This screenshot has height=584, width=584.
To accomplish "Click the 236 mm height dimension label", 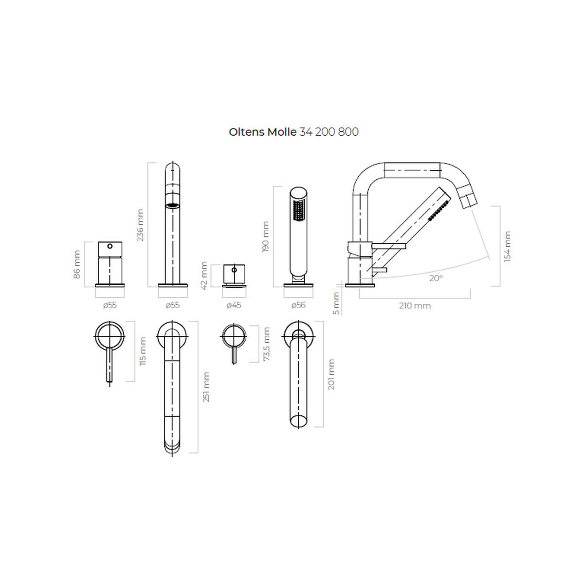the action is (x=140, y=225).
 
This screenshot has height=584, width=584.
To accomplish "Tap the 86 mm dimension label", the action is (x=77, y=265).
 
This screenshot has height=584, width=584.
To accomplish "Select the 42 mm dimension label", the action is (x=204, y=275).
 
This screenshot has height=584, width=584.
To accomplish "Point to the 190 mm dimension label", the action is (x=265, y=237).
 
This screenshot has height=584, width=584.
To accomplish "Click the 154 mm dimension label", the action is (x=507, y=246).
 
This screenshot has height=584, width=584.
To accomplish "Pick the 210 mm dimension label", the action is (x=415, y=306).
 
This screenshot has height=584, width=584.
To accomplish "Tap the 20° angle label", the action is (x=436, y=278).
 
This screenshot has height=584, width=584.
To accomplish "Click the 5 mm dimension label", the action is (x=336, y=303).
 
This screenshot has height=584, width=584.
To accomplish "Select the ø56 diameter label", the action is (x=298, y=305).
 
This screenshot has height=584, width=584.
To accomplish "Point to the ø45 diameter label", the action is (x=234, y=305).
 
